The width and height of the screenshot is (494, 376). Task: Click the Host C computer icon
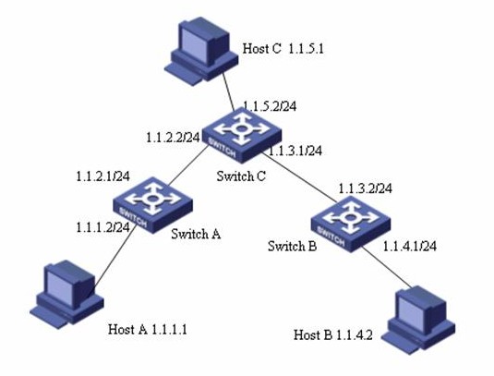point(201,51)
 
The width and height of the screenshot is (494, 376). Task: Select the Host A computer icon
point(66,295)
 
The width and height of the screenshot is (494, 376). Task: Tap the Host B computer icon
point(418,321)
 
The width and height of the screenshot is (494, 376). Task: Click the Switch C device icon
point(241,135)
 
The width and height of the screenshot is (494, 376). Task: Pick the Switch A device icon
point(152,205)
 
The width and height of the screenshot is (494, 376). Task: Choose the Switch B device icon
point(351,224)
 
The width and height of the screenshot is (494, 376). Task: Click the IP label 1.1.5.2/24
point(270,106)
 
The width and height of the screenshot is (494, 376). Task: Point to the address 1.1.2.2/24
point(173,138)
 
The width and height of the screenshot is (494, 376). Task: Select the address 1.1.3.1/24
point(295,151)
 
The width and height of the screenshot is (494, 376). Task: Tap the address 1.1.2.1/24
point(103,176)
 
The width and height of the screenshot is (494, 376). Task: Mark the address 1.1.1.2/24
point(103,227)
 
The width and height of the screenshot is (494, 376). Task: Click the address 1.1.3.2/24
point(366,188)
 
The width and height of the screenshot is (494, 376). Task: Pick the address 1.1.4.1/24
point(410,246)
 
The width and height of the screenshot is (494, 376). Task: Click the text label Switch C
point(241,176)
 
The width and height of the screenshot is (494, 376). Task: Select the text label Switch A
point(196,234)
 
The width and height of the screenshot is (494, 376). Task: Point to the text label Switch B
point(293,246)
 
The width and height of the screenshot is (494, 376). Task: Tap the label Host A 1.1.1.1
point(148,330)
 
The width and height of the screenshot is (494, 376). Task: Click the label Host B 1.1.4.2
point(333,334)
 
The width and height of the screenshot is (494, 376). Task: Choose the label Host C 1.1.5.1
point(283,49)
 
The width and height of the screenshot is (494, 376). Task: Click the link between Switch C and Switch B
point(299,176)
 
